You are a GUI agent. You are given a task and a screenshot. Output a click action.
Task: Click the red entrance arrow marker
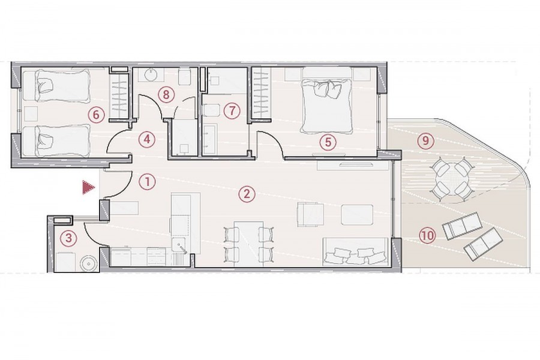(x=88, y=188)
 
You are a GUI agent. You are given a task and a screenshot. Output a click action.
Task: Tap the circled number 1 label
(x=147, y=182)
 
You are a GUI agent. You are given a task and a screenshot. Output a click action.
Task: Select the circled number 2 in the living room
(x=247, y=194)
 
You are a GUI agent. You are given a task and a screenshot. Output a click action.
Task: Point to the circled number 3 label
(x=68, y=238)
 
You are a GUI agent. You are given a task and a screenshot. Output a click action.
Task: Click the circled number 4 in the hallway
(x=147, y=140)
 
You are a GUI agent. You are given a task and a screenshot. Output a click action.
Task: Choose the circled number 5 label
(x=328, y=142)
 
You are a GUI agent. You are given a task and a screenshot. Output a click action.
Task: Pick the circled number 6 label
(x=96, y=114)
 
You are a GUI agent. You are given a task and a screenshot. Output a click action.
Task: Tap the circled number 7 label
(x=232, y=111)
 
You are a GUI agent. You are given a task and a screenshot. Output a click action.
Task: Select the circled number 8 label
(x=166, y=94)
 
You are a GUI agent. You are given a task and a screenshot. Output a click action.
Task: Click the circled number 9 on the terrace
(x=426, y=140)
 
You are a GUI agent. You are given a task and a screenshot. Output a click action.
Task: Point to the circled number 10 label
(x=427, y=235)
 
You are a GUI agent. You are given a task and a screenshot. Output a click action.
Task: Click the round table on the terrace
(x=451, y=178)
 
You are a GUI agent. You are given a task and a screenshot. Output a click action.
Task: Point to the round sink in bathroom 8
(x=151, y=75)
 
